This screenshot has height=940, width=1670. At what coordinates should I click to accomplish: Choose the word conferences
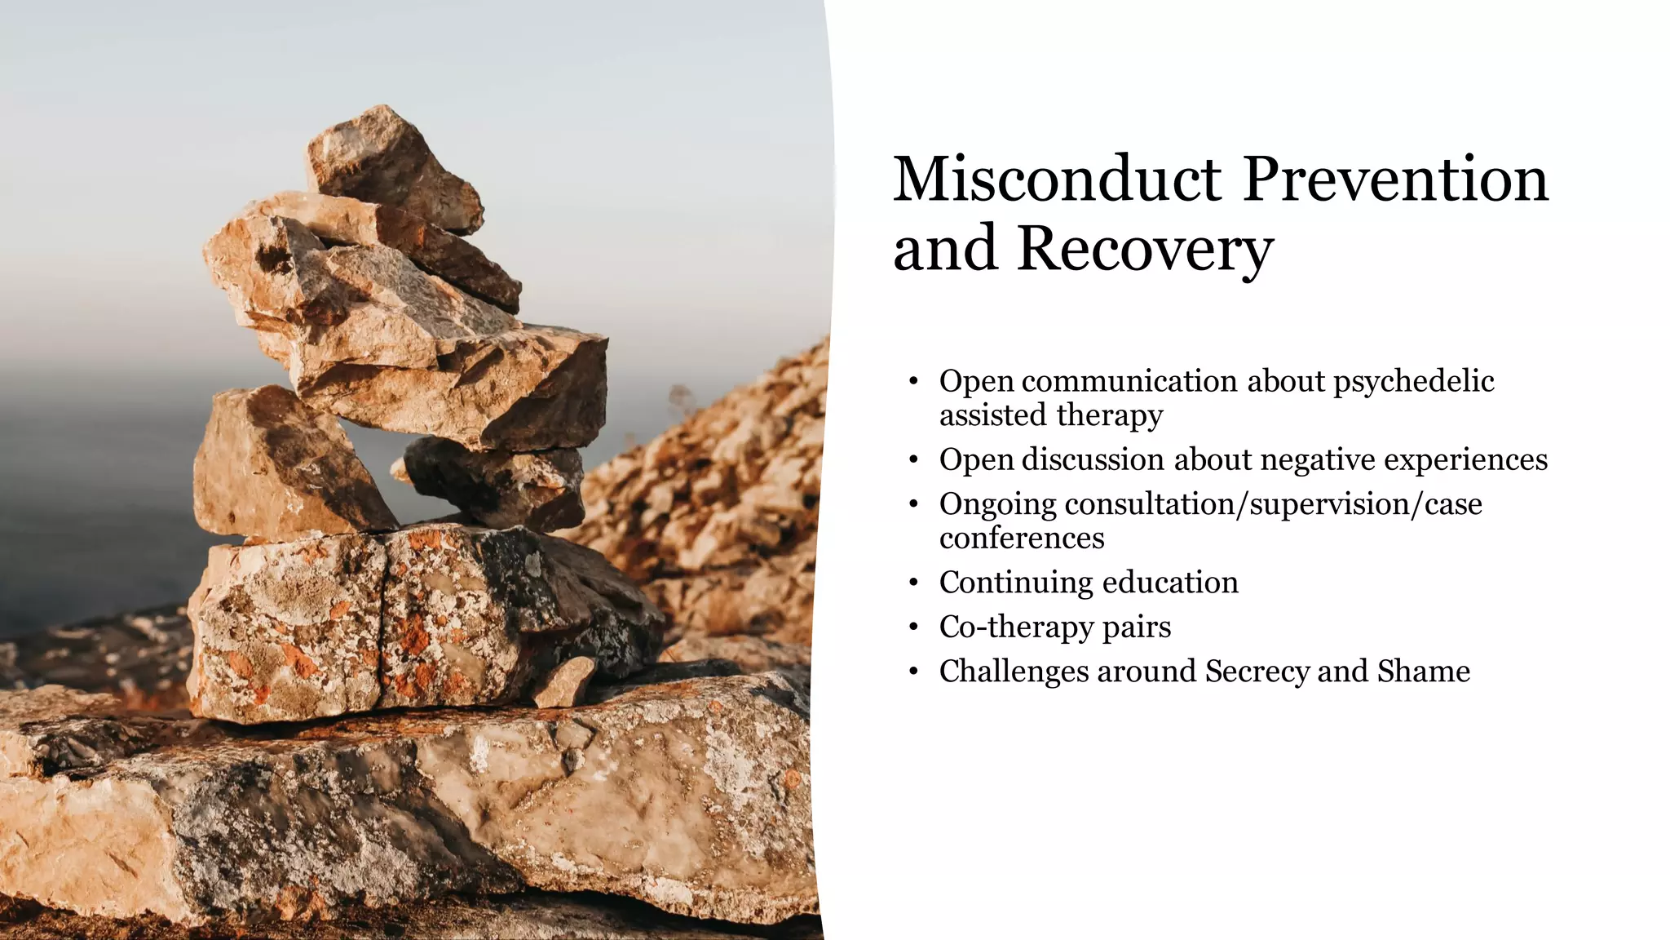coord(1022,539)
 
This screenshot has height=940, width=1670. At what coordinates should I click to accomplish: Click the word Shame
coord(1424,672)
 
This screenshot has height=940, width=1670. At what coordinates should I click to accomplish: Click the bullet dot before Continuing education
coord(914,583)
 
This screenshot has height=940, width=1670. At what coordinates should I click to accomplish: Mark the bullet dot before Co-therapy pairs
coord(914,627)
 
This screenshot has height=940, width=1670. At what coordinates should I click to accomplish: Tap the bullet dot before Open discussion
coord(914,460)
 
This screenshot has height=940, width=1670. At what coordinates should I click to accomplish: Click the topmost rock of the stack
coord(391,167)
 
